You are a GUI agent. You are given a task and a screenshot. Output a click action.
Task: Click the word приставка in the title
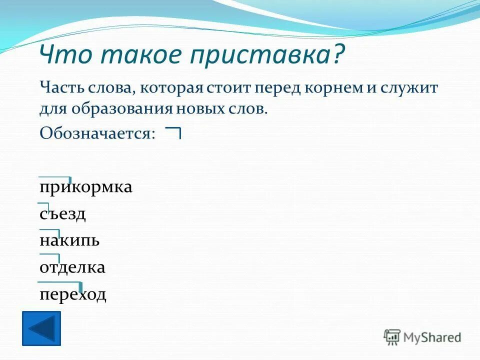(260, 55)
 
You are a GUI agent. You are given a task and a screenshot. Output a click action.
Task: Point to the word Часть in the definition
(59, 88)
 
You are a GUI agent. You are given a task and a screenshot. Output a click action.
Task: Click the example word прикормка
(86, 187)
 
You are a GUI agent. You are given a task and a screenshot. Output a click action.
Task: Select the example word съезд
(62, 214)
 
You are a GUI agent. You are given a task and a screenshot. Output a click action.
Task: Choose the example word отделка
(72, 267)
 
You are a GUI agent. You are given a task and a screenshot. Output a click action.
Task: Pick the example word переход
(73, 294)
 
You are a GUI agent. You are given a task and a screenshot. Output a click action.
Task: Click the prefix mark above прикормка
(55, 177)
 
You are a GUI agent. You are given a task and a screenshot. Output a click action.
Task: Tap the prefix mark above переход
(60, 284)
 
